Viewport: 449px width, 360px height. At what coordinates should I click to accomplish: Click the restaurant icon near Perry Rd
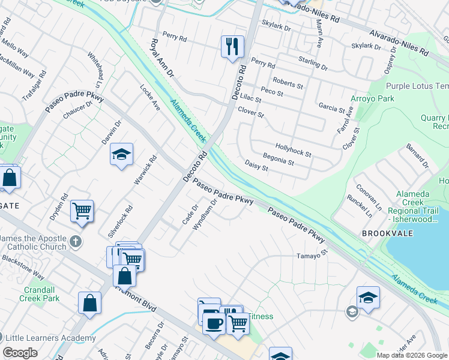click(232, 46)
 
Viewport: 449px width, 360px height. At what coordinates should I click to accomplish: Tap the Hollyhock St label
click(293, 150)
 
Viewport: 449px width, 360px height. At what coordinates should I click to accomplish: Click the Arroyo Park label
click(373, 98)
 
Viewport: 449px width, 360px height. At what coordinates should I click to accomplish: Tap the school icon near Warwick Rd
click(121, 155)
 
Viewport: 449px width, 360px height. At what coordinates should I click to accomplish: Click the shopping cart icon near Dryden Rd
click(82, 211)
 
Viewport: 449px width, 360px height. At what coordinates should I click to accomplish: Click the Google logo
click(20, 353)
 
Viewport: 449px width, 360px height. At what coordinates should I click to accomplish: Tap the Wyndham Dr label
click(205, 216)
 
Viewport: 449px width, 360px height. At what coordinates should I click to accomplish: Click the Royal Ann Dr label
click(161, 58)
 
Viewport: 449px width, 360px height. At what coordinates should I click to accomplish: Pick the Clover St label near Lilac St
click(251, 112)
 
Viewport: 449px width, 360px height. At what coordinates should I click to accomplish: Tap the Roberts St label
click(288, 82)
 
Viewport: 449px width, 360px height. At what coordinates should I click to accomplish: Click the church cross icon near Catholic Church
click(74, 242)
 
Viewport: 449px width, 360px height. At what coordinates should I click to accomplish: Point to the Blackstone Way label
click(23, 267)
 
